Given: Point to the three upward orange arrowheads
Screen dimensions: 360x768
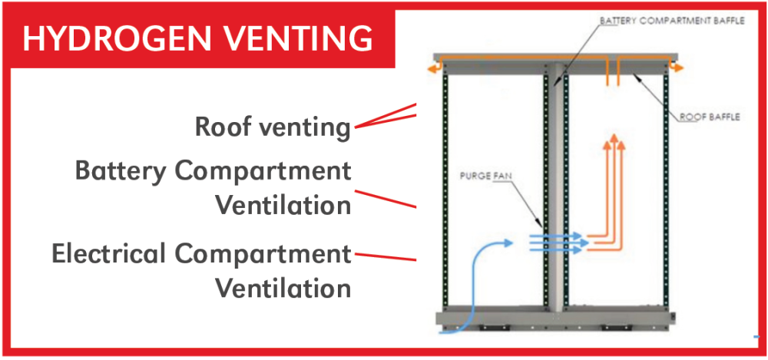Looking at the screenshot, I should tap(612, 140).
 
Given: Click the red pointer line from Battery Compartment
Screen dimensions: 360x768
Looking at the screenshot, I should tap(385, 198).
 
